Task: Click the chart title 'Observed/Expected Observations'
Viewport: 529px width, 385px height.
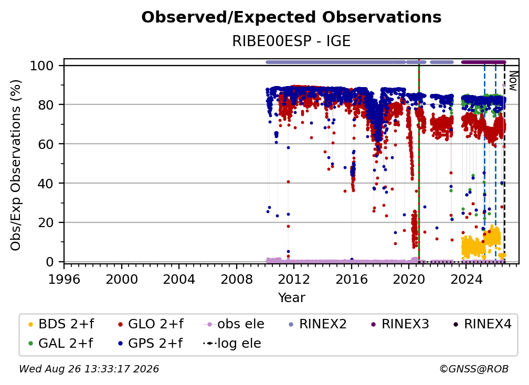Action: pyautogui.click(x=291, y=17)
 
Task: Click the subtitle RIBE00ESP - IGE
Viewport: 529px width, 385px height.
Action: pyautogui.click(x=291, y=41)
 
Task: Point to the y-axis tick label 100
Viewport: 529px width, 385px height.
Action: pyautogui.click(x=42, y=66)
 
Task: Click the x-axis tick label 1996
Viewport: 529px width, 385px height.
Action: pyautogui.click(x=64, y=280)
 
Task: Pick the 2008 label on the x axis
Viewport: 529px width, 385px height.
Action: pyautogui.click(x=237, y=280)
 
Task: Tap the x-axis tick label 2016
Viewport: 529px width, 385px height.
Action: pyautogui.click(x=351, y=280)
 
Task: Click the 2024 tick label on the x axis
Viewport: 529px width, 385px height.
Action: pyautogui.click(x=466, y=280)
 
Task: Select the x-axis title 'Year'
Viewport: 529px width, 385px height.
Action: pyautogui.click(x=291, y=298)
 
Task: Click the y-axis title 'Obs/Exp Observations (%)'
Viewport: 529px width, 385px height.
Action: pyautogui.click(x=16, y=165)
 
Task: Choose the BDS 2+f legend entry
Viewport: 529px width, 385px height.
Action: pyautogui.click(x=61, y=324)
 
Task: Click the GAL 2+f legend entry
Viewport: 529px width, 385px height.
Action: pyautogui.click(x=60, y=344)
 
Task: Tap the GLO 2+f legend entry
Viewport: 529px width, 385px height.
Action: pyautogui.click(x=151, y=324)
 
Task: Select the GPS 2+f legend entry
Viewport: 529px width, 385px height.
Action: pyautogui.click(x=150, y=344)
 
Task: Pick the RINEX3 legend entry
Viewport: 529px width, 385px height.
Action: pyautogui.click(x=400, y=324)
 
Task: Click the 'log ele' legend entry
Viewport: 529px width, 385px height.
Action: pyautogui.click(x=232, y=344)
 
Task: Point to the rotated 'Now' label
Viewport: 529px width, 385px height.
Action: pyautogui.click(x=513, y=81)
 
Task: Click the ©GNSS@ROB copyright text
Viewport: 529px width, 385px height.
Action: pyautogui.click(x=474, y=369)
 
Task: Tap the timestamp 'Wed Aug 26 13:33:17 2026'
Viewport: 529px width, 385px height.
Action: pyautogui.click(x=89, y=369)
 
